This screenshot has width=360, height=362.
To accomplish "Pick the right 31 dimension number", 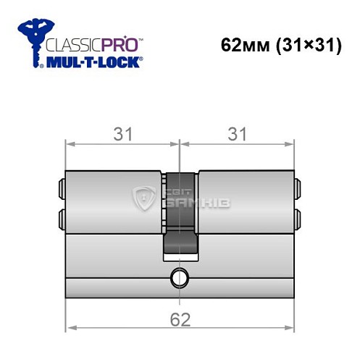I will coord(238,134).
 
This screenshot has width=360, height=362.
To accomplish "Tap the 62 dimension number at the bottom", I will coord(180,318).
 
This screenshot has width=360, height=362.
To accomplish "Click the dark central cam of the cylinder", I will coord(180,214).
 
